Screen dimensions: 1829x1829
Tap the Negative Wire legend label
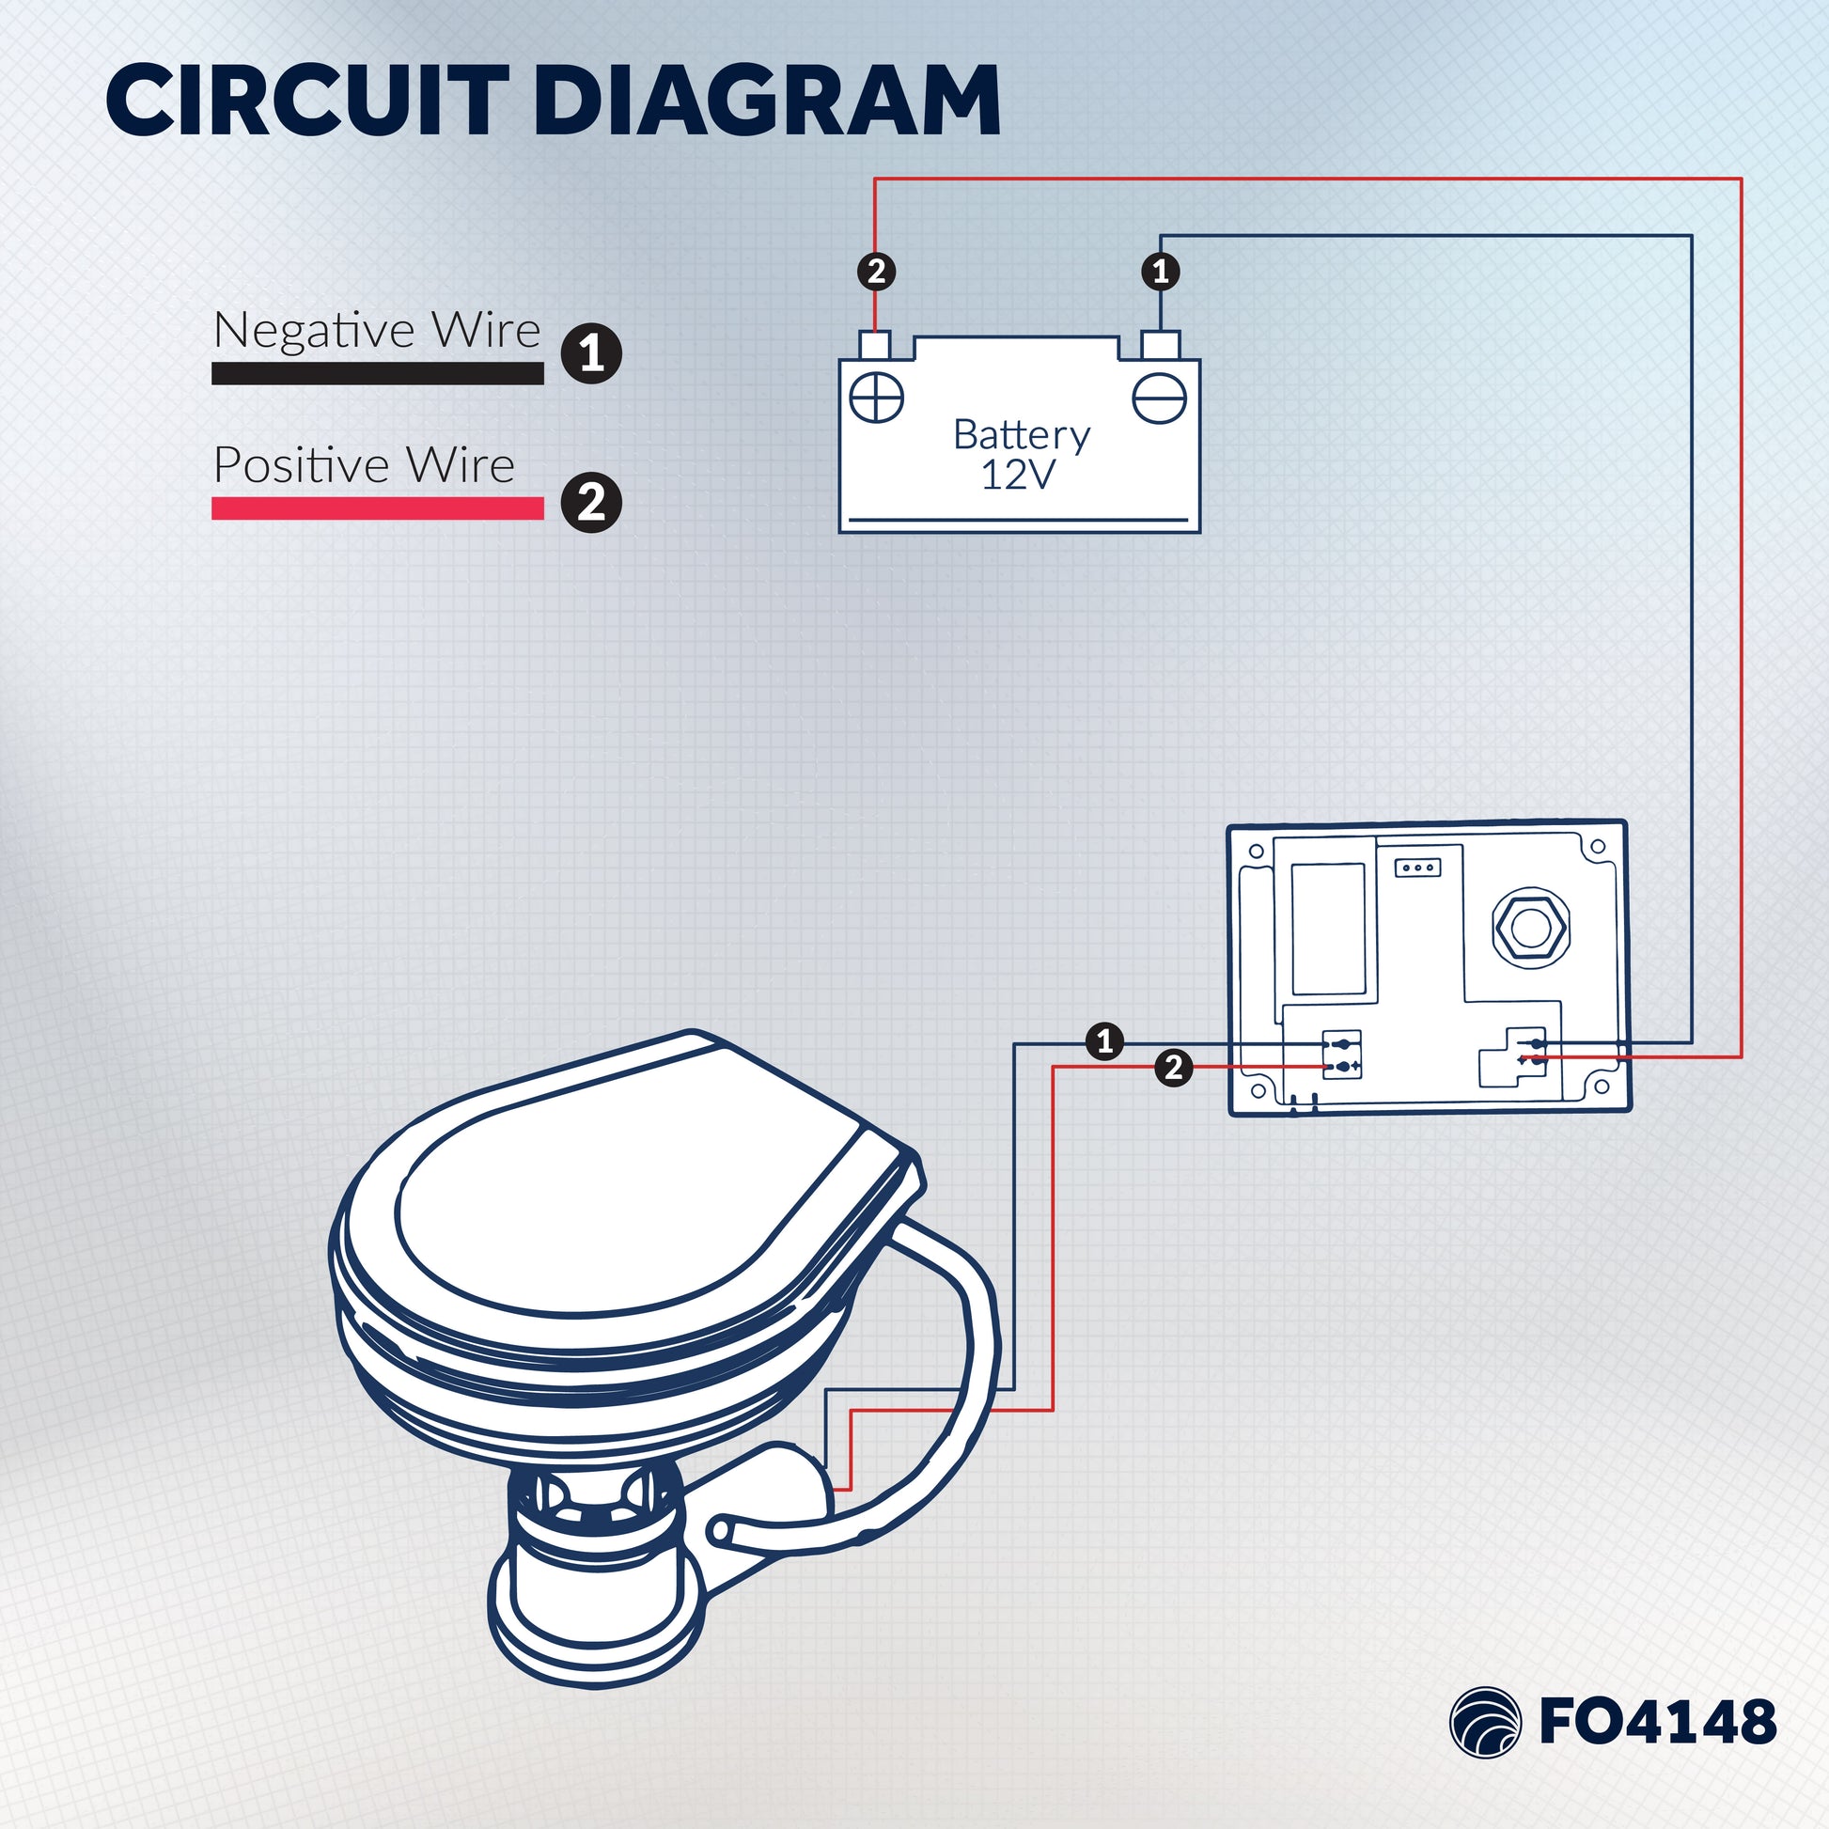click(x=377, y=331)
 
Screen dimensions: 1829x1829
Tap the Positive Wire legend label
click(x=364, y=465)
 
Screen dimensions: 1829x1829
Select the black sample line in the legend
click(x=377, y=373)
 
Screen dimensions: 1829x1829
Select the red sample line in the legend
click(x=377, y=508)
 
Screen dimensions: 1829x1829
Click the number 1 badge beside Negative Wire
click(x=592, y=354)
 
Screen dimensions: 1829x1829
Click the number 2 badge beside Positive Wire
click(x=592, y=502)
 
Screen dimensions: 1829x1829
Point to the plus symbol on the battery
click(x=877, y=398)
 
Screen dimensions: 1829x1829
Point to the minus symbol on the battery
click(x=1160, y=398)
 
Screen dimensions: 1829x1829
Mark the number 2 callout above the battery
click(x=877, y=272)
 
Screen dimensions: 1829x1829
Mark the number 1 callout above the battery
click(x=1161, y=272)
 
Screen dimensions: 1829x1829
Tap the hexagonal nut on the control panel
click(x=1531, y=928)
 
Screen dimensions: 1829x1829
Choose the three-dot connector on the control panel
click(x=1418, y=868)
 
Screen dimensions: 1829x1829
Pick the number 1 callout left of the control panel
click(x=1104, y=1042)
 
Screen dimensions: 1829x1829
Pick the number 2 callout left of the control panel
click(x=1174, y=1068)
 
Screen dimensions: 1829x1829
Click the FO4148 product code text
click(x=1658, y=1721)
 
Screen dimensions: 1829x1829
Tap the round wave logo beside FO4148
click(x=1484, y=1722)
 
